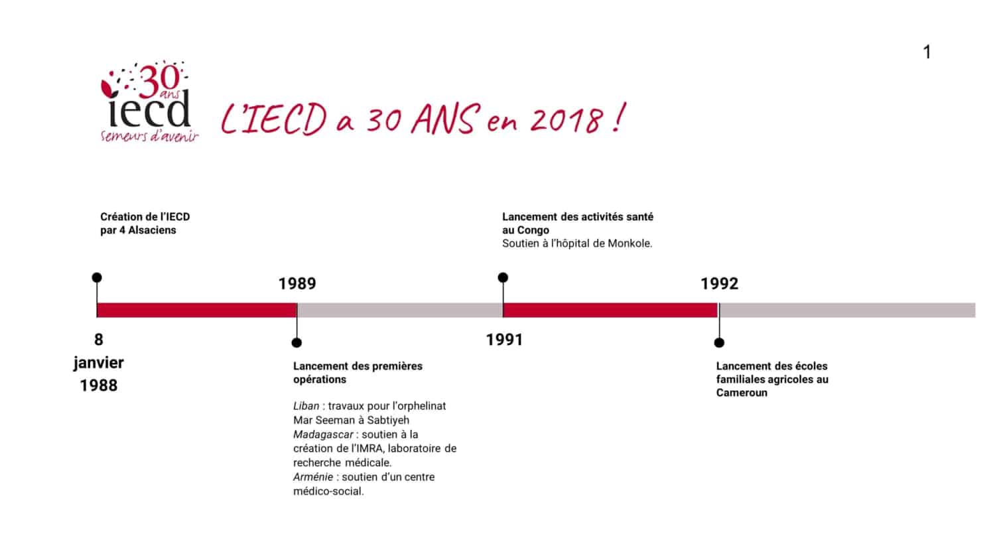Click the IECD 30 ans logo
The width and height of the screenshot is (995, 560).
click(x=149, y=102)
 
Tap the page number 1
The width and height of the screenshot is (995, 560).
click(x=927, y=52)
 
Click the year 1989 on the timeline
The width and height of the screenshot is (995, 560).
click(x=297, y=283)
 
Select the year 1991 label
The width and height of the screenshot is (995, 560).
click(x=504, y=340)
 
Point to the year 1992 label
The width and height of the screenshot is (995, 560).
click(x=719, y=283)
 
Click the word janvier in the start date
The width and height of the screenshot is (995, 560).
click(x=99, y=363)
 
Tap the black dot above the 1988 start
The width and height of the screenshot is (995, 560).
click(x=97, y=278)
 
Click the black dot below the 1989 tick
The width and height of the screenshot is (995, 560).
click(x=297, y=342)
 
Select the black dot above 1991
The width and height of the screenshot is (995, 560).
click(x=503, y=278)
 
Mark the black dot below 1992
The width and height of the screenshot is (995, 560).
click(x=719, y=342)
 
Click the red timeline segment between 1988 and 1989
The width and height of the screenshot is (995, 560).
click(x=197, y=311)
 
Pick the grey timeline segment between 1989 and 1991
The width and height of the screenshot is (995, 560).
click(x=400, y=311)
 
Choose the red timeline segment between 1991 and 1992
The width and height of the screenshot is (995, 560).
click(x=610, y=311)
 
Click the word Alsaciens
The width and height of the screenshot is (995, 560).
click(x=152, y=230)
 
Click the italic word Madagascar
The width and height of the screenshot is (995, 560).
click(x=323, y=434)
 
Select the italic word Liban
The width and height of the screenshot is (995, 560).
click(x=306, y=406)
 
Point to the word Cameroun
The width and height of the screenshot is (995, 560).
click(x=742, y=393)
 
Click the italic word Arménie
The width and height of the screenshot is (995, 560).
click(x=312, y=477)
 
